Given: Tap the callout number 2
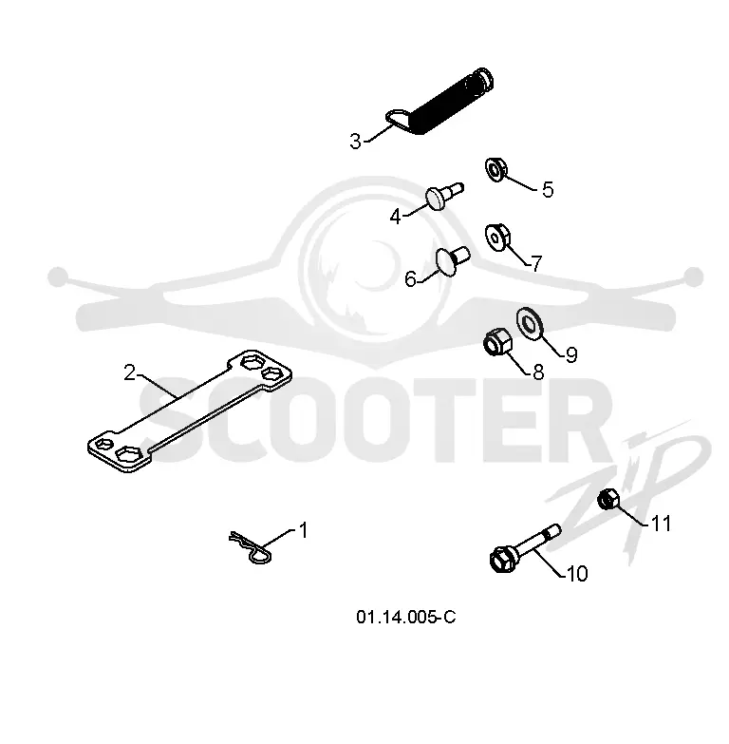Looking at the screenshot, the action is click(129, 372).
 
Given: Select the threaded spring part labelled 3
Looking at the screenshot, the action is click(440, 102).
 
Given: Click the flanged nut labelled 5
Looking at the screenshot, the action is click(495, 169).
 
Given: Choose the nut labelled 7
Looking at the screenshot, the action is click(497, 237).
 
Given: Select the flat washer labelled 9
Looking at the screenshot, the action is click(530, 324).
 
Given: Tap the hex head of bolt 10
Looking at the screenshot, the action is click(502, 560).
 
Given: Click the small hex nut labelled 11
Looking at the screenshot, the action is click(608, 500).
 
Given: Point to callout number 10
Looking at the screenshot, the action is click(577, 574).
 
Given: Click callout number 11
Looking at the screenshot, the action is click(662, 524).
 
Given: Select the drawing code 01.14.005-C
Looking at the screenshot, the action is click(406, 618).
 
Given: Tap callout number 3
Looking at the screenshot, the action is click(356, 142).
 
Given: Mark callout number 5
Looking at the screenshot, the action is click(548, 189).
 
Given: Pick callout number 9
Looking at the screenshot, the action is click(571, 355).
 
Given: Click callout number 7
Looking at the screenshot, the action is click(536, 263).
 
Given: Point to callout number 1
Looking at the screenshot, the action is click(304, 530).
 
